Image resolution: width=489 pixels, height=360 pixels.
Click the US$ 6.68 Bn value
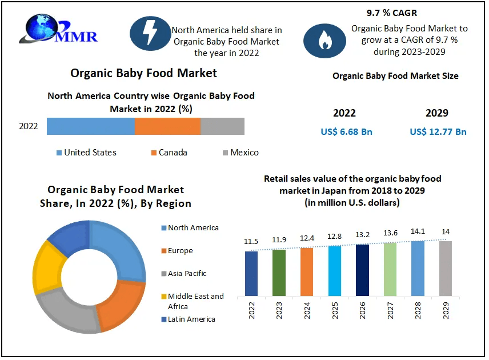pos(346,132)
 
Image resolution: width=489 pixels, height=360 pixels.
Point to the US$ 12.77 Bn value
pos(438,132)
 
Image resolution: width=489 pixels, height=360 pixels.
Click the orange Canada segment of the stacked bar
pos(167,126)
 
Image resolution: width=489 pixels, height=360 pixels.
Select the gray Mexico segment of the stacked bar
pos(222,126)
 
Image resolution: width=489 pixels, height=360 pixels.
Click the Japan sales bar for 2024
pos(306,272)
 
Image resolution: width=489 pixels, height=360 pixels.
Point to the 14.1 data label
pos(418,233)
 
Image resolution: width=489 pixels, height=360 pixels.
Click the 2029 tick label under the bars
pos(446,312)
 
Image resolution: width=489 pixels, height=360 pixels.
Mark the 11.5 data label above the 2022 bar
pos(251,242)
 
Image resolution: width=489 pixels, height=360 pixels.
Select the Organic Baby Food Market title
pos(143,73)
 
